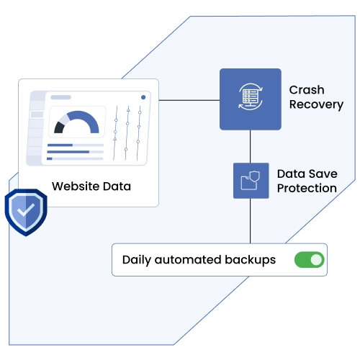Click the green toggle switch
(309, 260)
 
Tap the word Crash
(307, 90)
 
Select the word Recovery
(316, 105)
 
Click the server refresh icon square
(251, 99)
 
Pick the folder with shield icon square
(251, 181)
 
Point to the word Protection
(307, 189)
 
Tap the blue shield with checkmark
(26, 212)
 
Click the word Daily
(137, 260)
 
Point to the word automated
(188, 260)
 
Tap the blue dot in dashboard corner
(143, 97)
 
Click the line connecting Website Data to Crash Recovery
(189, 100)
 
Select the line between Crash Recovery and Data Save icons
(251, 146)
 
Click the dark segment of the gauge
(59, 127)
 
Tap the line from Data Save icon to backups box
(251, 221)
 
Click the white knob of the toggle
(316, 260)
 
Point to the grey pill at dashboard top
(60, 97)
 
